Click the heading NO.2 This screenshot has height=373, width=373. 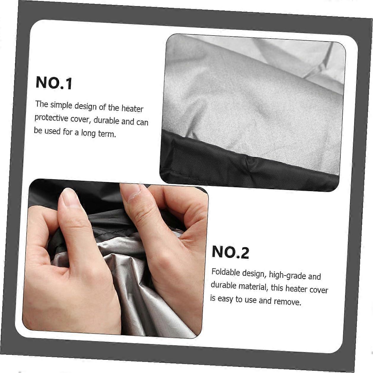[x=230, y=252]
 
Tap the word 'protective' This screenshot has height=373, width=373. [x=51, y=118]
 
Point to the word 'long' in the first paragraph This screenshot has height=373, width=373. [x=88, y=133]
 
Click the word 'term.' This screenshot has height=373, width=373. [x=107, y=134]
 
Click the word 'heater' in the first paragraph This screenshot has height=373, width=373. [x=133, y=109]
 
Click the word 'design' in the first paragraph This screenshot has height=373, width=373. [x=85, y=106]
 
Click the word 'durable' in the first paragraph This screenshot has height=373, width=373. [x=106, y=120]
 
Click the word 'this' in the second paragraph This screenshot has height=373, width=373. [x=277, y=288]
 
